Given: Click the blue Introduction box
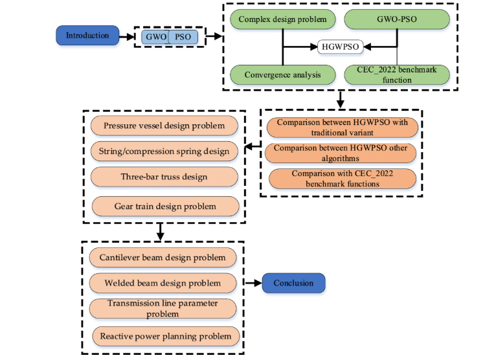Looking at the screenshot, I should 87,36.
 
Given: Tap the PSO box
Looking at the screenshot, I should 183,37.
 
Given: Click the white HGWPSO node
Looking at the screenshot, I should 339,47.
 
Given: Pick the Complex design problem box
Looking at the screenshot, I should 282,19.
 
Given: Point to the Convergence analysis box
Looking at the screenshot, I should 282,74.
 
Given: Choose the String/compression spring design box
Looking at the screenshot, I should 164,152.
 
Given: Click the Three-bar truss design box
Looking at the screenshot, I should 163,177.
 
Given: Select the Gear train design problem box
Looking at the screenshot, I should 163,207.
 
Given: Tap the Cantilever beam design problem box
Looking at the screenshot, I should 163,257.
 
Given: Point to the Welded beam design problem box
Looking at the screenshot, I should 163,283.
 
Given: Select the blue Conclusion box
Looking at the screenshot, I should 293,283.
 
